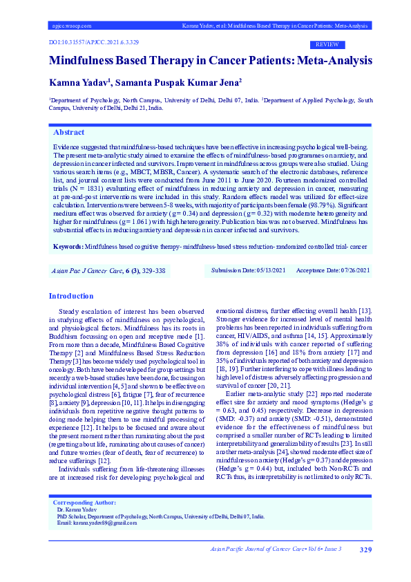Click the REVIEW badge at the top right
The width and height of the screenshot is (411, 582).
327,44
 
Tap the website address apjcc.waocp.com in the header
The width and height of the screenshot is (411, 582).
71,26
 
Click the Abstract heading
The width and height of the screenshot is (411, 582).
69,132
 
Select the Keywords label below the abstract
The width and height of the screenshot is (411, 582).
68,246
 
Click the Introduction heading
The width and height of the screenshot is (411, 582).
71,296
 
